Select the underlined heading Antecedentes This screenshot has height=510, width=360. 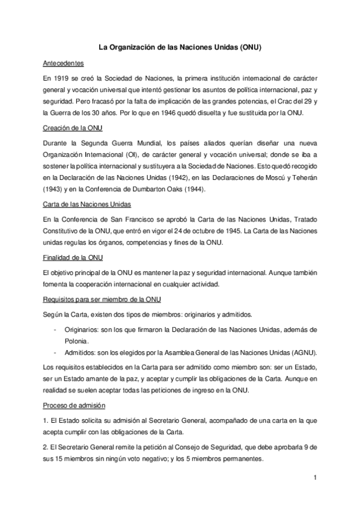pyautogui.click(x=63, y=63)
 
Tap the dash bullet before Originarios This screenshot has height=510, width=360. pyautogui.click(x=55, y=330)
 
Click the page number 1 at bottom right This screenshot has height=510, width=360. pyautogui.click(x=314, y=478)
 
